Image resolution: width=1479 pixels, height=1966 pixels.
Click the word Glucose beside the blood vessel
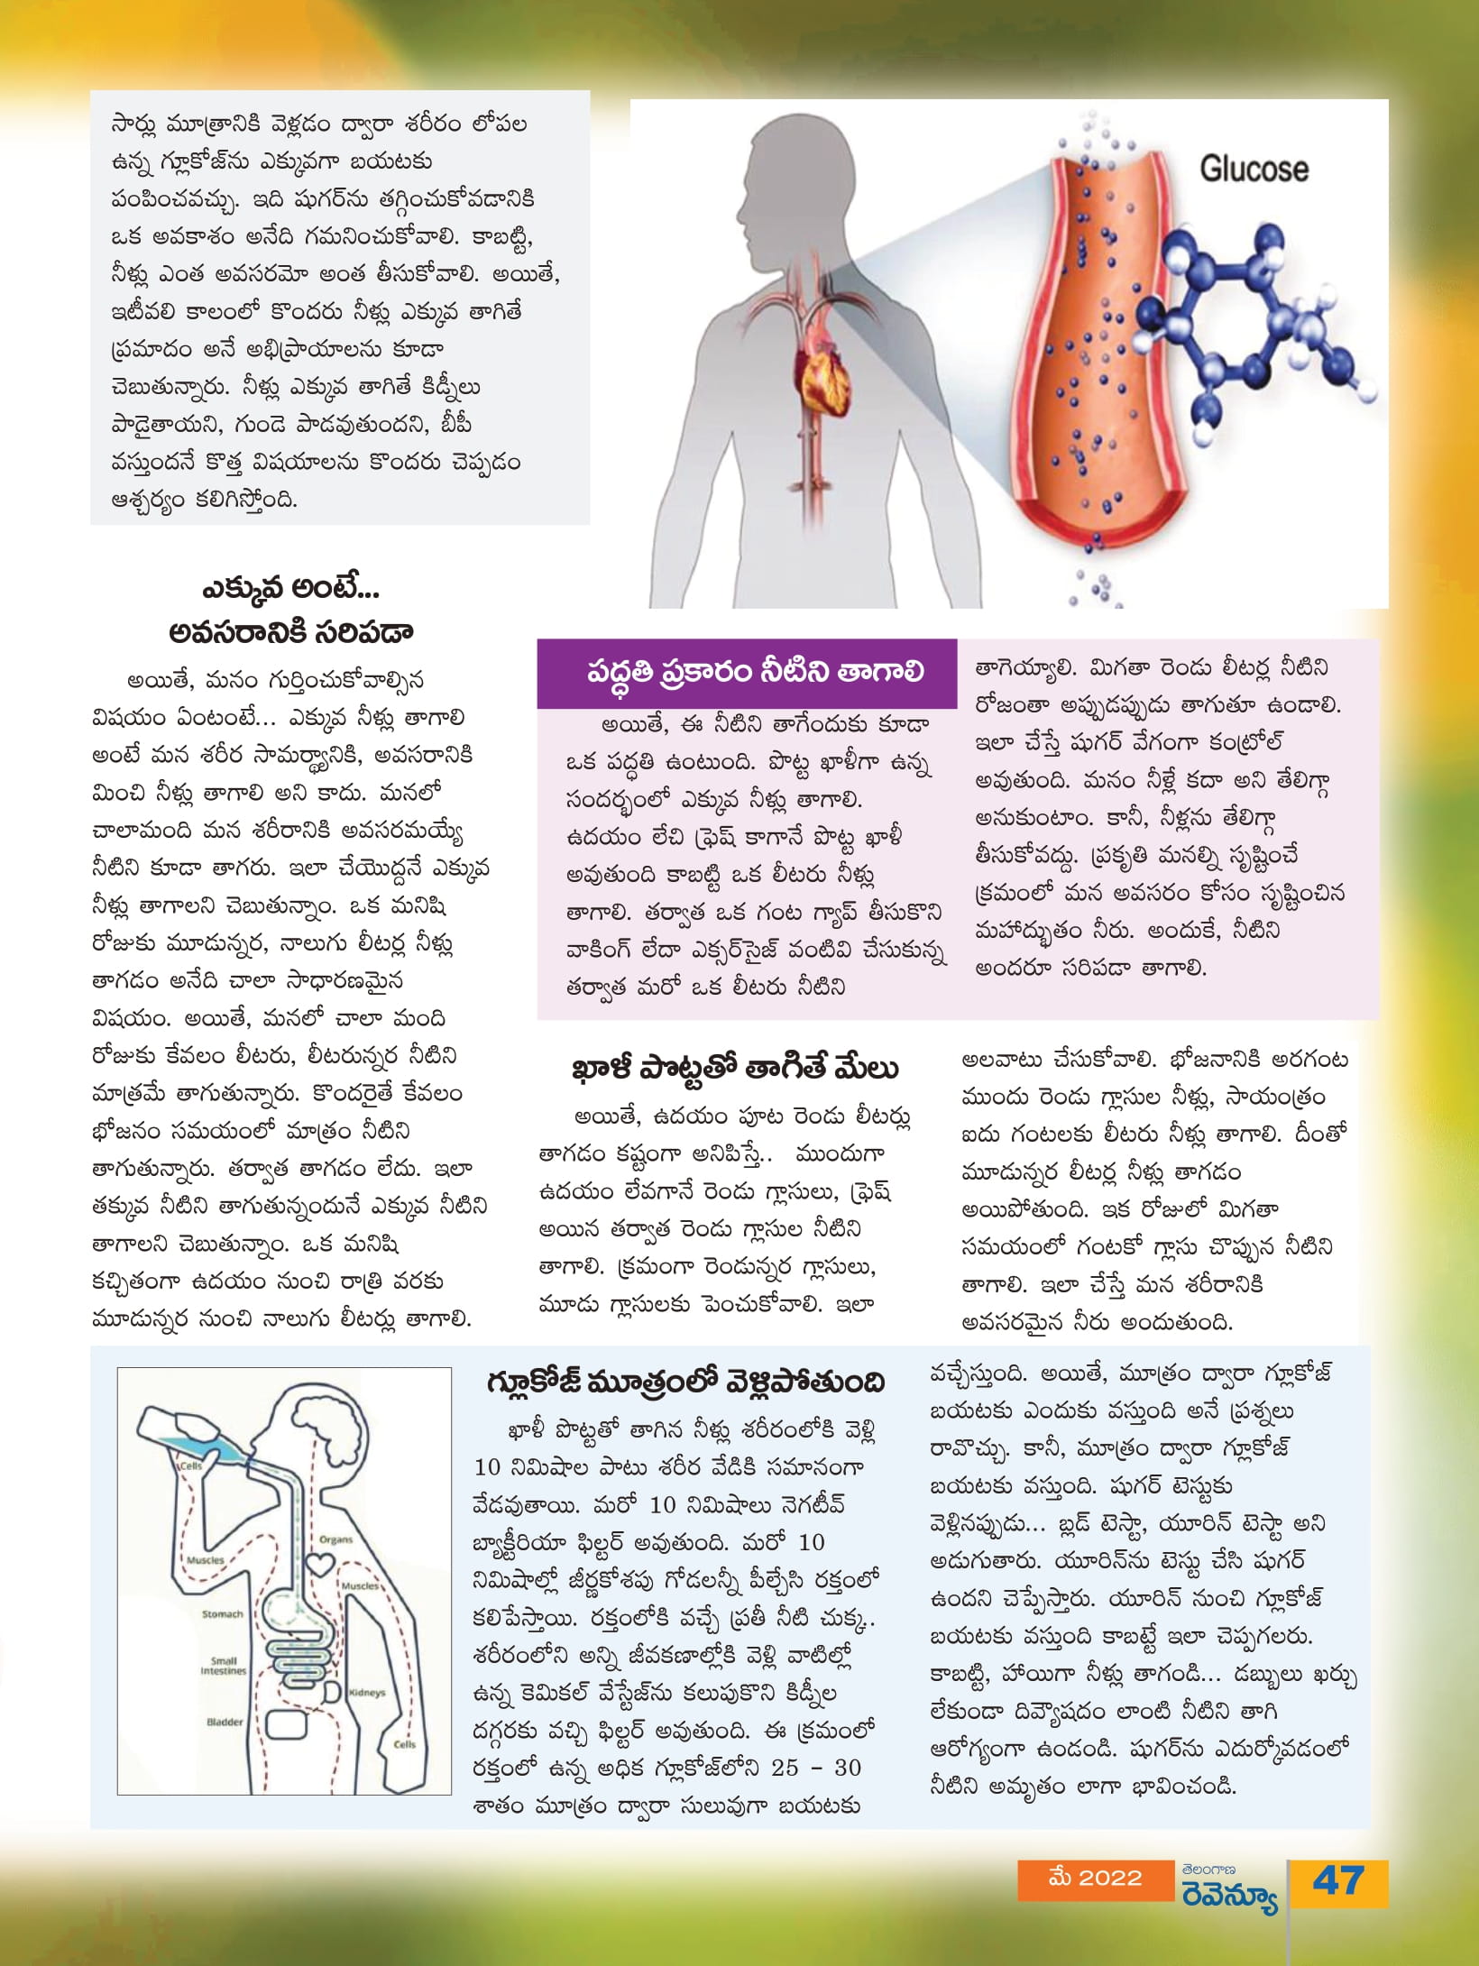click(1253, 169)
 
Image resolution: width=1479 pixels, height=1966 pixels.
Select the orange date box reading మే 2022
click(1095, 1878)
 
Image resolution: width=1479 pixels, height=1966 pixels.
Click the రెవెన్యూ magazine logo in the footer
click(1228, 1888)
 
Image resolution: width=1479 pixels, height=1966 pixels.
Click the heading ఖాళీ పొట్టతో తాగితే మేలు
click(735, 1069)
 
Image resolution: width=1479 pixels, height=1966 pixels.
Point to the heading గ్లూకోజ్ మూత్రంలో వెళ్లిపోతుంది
click(685, 1382)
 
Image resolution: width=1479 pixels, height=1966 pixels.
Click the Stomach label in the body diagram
click(222, 1613)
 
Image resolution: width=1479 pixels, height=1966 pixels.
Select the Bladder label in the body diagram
click(225, 1722)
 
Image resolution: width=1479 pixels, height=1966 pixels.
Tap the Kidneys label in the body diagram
click(366, 1693)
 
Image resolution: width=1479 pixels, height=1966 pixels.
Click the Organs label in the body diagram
click(335, 1539)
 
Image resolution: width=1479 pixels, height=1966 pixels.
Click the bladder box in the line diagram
click(286, 1726)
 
